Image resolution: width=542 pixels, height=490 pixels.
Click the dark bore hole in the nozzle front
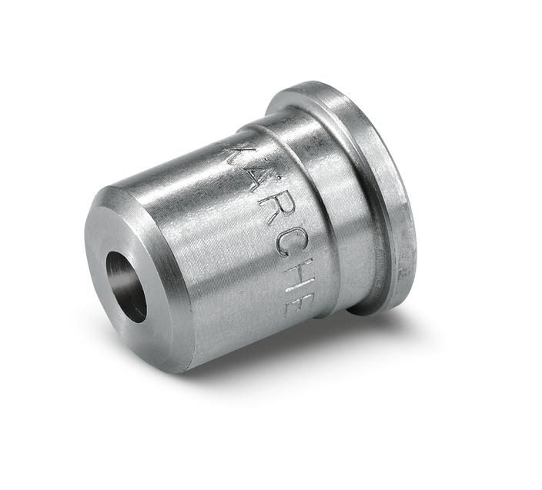(x=126, y=285)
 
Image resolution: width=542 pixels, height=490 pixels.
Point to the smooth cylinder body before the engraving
(x=192, y=246)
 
